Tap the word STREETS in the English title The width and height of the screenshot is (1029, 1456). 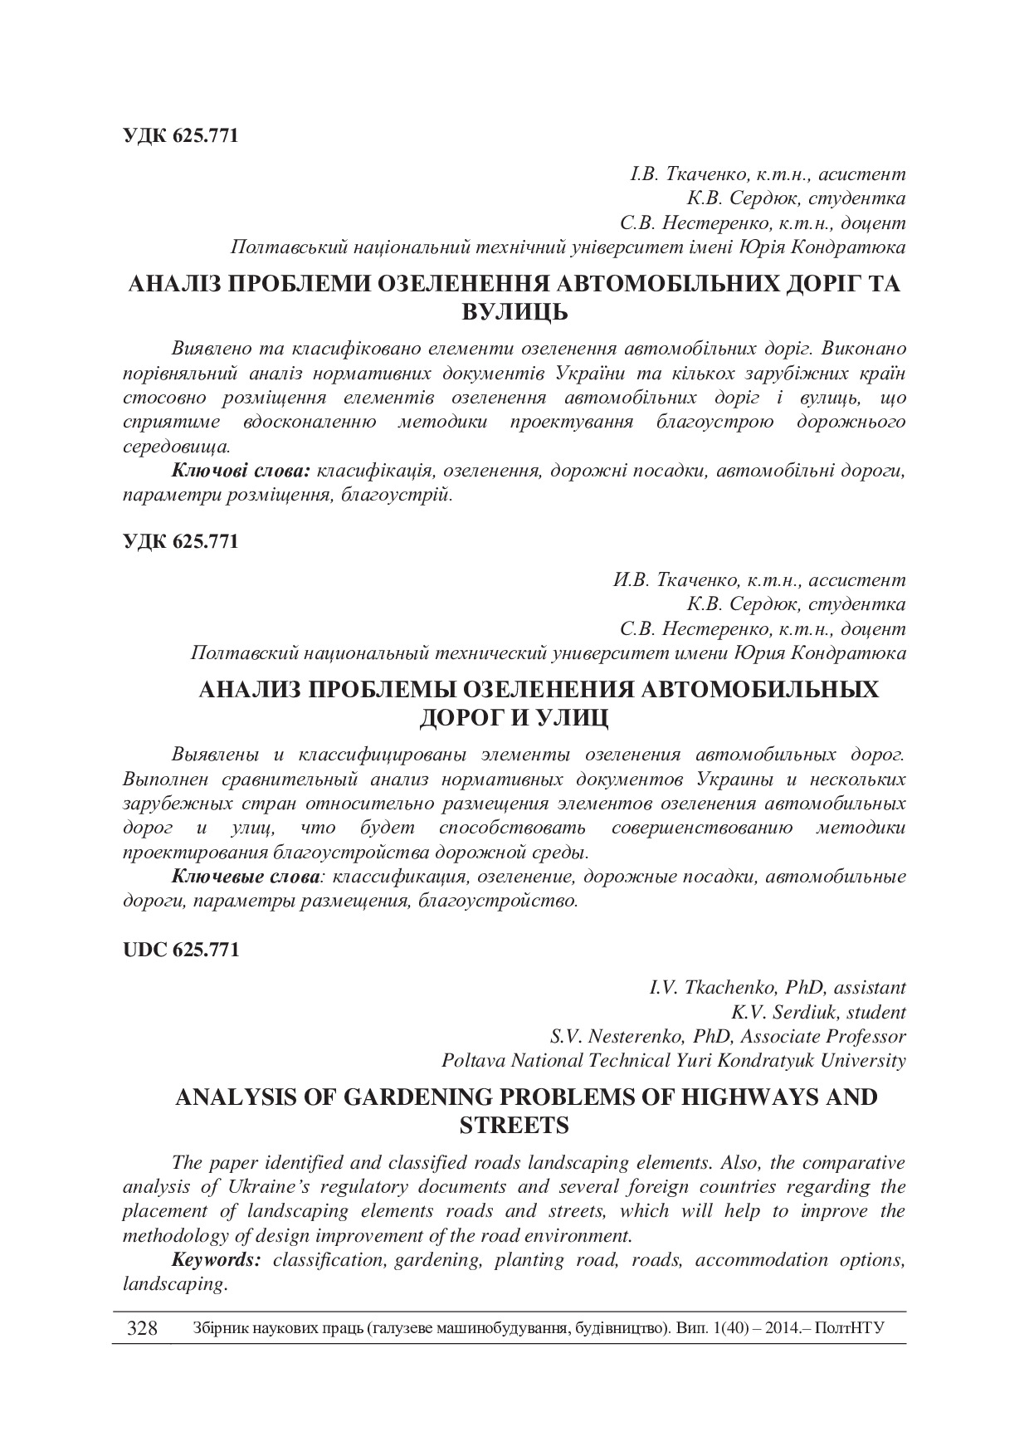514,1126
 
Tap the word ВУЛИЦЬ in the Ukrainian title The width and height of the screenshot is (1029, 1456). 514,313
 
